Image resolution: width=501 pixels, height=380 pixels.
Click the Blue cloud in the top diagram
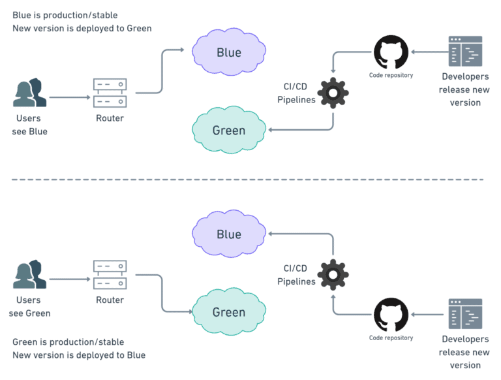[229, 52]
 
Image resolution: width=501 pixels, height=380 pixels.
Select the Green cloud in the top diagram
[229, 131]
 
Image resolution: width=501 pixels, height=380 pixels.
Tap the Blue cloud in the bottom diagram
[229, 234]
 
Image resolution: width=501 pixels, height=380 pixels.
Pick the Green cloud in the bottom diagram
[229, 312]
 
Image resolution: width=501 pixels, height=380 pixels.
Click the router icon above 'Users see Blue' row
[110, 93]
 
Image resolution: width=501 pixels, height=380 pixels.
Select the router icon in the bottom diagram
[110, 275]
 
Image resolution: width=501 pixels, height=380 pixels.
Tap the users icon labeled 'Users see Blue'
[29, 93]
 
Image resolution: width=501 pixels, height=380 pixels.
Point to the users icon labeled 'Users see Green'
[29, 275]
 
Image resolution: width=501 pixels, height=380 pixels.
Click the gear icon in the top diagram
[333, 93]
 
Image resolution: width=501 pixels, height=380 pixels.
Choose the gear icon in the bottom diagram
[333, 275]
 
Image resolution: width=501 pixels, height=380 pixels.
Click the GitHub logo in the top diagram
[391, 52]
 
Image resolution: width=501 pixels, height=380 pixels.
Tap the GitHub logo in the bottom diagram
[391, 315]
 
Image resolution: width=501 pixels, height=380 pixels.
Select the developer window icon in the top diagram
[465, 52]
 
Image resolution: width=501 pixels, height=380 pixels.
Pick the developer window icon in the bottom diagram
[465, 314]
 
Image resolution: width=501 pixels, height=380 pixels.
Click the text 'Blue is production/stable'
[65, 14]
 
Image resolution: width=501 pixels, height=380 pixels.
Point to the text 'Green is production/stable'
[68, 341]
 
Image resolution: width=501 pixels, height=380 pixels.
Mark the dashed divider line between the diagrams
[250, 180]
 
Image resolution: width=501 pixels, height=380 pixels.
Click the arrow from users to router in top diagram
[69, 97]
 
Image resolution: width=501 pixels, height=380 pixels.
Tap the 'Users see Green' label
[29, 306]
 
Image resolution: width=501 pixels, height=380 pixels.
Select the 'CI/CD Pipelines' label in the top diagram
[296, 93]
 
